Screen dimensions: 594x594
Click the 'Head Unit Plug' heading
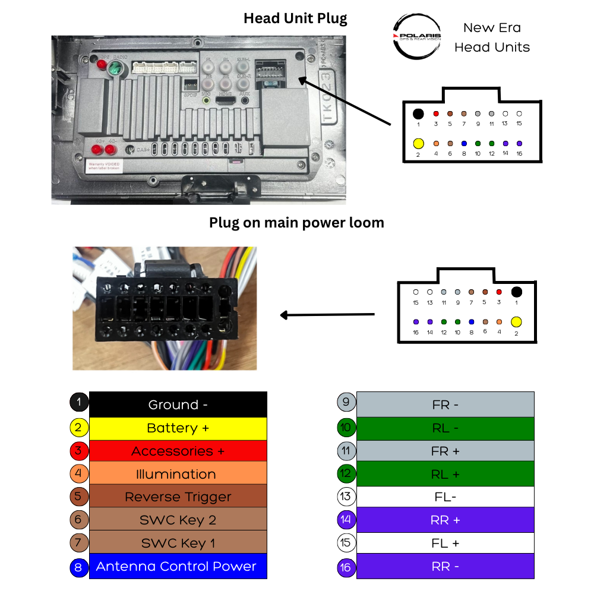(295, 18)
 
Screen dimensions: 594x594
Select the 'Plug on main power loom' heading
(296, 223)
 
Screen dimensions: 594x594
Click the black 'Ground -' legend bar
(178, 405)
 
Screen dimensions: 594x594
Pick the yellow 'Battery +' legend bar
(178, 428)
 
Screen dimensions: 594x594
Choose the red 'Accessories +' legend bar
(178, 451)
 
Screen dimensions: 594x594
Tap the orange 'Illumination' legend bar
(178, 474)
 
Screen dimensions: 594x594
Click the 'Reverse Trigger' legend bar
(178, 497)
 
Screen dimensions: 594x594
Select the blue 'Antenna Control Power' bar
(178, 567)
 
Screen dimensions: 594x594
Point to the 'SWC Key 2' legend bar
(178, 520)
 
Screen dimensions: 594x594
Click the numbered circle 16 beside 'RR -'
(346, 567)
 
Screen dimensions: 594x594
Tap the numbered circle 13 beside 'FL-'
(346, 497)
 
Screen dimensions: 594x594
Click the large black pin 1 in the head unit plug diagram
(418, 113)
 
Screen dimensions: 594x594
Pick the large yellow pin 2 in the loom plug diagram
(516, 322)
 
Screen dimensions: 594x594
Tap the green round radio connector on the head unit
(114, 70)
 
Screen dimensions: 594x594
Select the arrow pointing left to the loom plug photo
(327, 314)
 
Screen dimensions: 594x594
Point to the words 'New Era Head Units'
(492, 37)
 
